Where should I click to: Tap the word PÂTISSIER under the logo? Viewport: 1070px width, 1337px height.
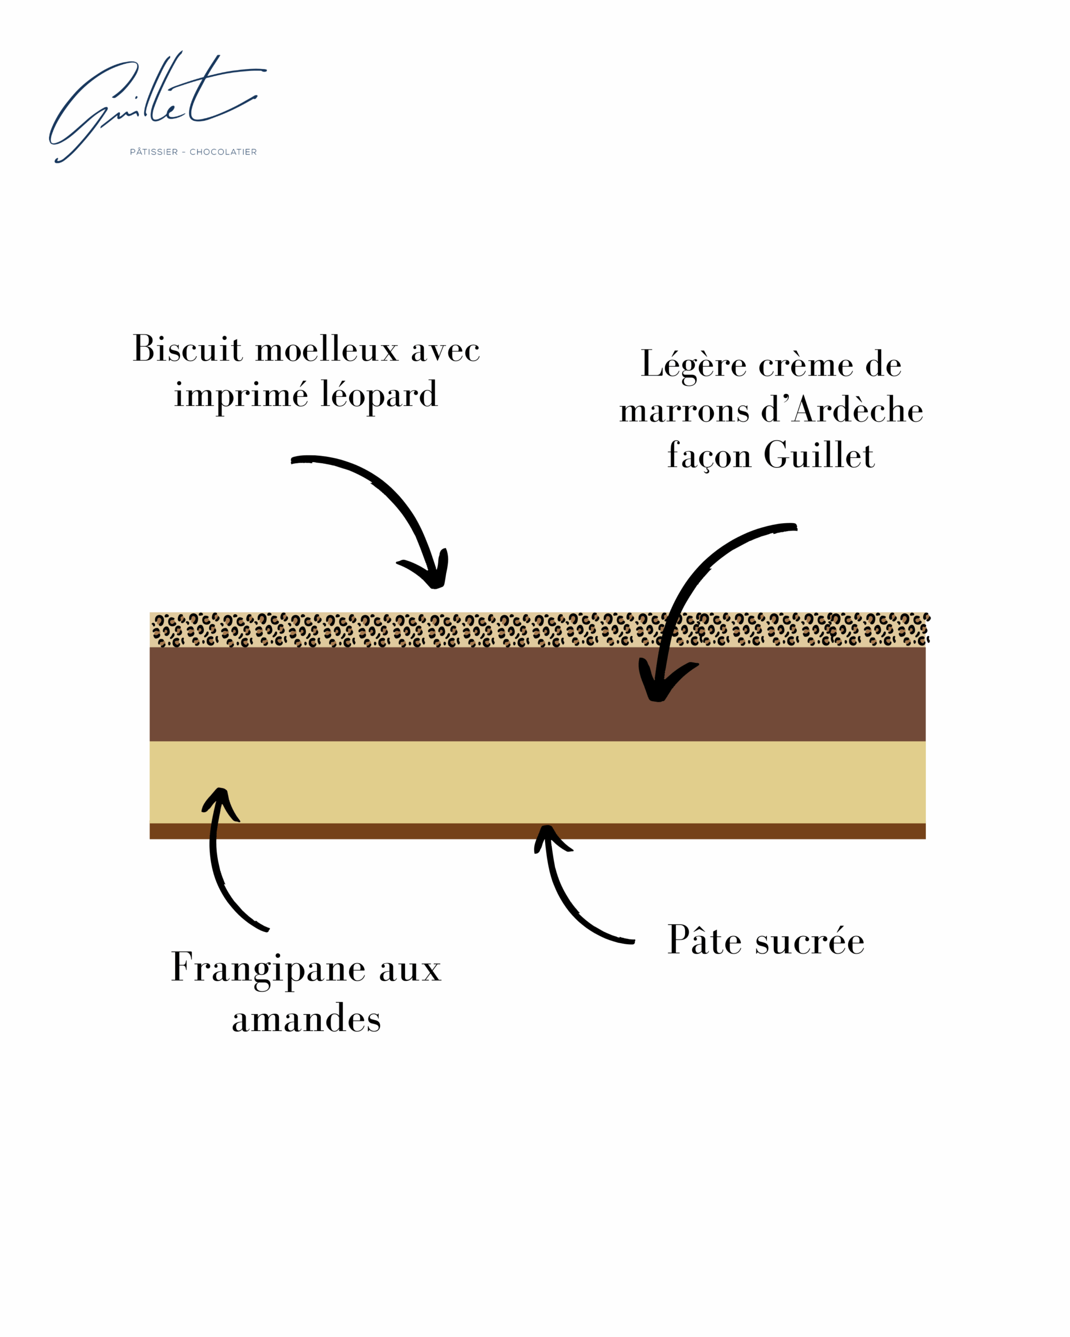(154, 152)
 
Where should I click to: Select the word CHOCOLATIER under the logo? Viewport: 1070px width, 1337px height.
(223, 152)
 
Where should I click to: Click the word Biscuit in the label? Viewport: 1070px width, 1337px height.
(188, 348)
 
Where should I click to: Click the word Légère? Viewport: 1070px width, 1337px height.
(693, 365)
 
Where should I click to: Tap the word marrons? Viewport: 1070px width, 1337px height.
(684, 411)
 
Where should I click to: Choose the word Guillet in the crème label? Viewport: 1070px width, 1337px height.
(819, 456)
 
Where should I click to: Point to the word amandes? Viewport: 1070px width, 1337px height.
(306, 1019)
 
